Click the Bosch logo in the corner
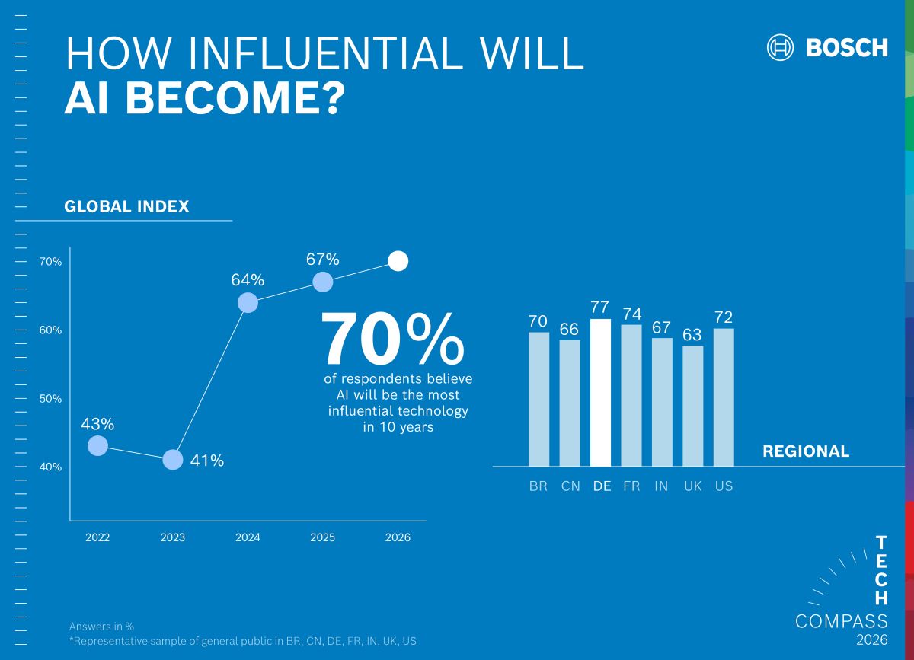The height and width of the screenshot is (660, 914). click(x=827, y=47)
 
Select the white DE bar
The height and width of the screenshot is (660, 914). click(x=600, y=393)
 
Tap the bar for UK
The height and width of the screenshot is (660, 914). click(x=692, y=406)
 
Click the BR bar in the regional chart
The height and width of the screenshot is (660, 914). click(x=538, y=399)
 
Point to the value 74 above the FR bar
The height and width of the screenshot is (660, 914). click(x=631, y=314)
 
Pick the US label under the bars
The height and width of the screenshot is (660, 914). click(x=724, y=486)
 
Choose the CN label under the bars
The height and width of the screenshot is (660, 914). click(x=570, y=486)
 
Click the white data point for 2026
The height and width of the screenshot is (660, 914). click(x=398, y=261)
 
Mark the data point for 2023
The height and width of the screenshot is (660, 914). click(x=173, y=460)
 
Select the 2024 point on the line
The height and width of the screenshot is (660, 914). click(x=248, y=303)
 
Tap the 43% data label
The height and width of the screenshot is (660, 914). click(x=97, y=424)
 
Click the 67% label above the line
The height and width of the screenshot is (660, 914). click(x=322, y=260)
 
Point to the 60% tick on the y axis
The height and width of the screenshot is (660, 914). click(x=51, y=330)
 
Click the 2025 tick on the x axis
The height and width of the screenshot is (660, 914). click(x=322, y=537)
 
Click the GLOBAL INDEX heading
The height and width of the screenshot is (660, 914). click(x=126, y=207)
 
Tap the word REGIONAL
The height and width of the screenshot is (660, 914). click(x=805, y=451)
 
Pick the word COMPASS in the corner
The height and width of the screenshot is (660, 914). click(x=841, y=621)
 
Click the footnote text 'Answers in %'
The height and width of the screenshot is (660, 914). click(x=101, y=627)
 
